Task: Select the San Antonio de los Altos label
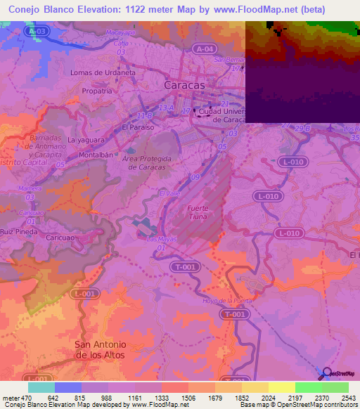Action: click(x=100, y=349)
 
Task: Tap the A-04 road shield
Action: click(x=205, y=48)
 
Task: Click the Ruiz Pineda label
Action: click(x=18, y=231)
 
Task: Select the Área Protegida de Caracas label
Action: click(x=146, y=163)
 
